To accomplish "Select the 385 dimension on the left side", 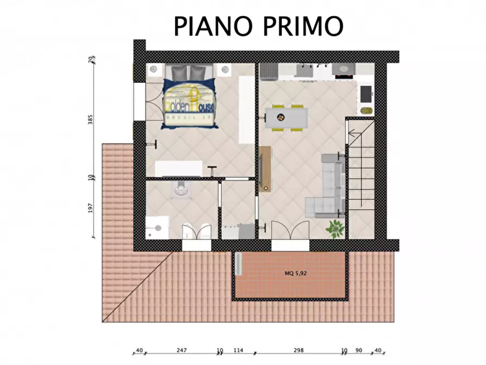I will click(x=91, y=120).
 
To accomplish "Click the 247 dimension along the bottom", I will click(x=182, y=351).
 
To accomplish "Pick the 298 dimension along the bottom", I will click(x=298, y=351).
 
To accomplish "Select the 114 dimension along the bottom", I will click(x=238, y=351).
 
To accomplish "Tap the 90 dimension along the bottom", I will click(x=359, y=351).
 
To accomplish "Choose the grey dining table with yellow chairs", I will click(x=286, y=117).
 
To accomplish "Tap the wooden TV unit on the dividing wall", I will click(x=265, y=169).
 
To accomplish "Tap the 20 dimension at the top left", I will click(x=91, y=58).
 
